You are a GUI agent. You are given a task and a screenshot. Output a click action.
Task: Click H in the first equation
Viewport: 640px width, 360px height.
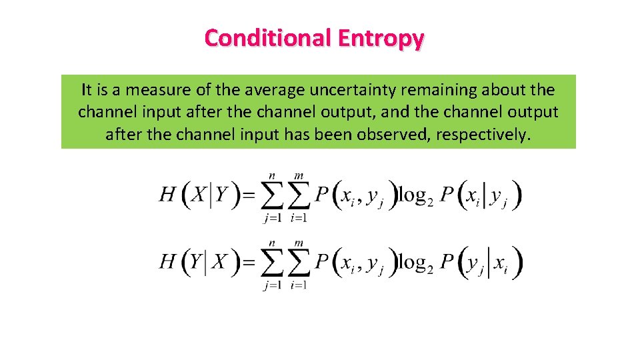[x=168, y=195]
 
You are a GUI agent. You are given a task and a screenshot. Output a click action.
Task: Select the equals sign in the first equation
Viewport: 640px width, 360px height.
[x=247, y=195]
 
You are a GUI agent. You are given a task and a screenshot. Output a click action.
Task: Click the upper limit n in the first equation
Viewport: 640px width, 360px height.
[x=271, y=175]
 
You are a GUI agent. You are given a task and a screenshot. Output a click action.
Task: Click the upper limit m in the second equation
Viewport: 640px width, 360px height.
[x=299, y=243]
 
